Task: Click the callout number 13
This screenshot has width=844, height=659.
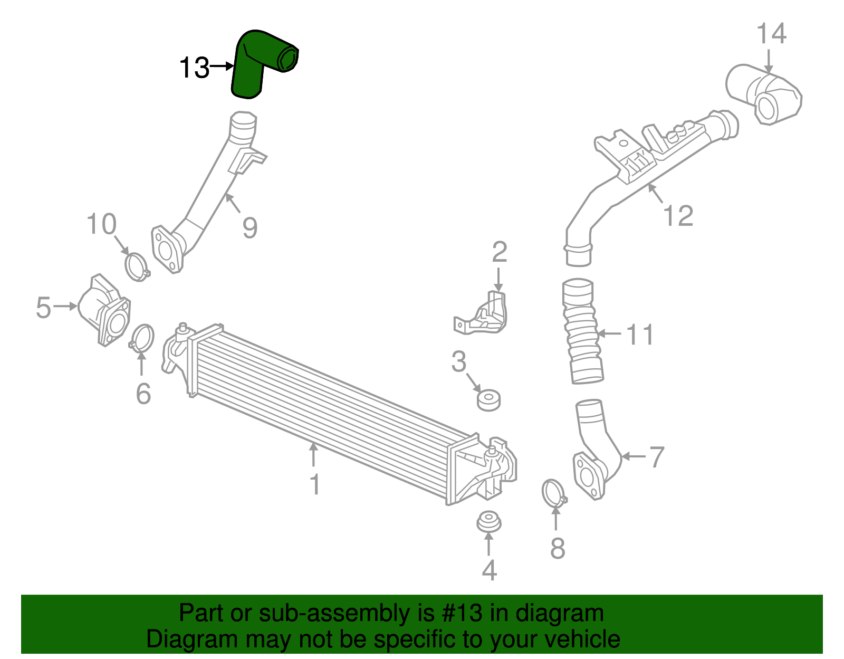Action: [194, 68]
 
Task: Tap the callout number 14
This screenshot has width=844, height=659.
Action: [771, 34]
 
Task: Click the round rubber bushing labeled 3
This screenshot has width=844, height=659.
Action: [488, 400]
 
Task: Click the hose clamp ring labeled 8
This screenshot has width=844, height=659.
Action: [553, 493]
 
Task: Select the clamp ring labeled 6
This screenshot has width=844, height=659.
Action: [142, 339]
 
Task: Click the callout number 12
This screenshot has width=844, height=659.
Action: [678, 216]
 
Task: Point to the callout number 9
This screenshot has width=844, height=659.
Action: [250, 228]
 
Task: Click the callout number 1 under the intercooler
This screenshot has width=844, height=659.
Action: [315, 484]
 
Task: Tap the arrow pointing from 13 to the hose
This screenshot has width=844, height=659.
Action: [222, 66]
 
